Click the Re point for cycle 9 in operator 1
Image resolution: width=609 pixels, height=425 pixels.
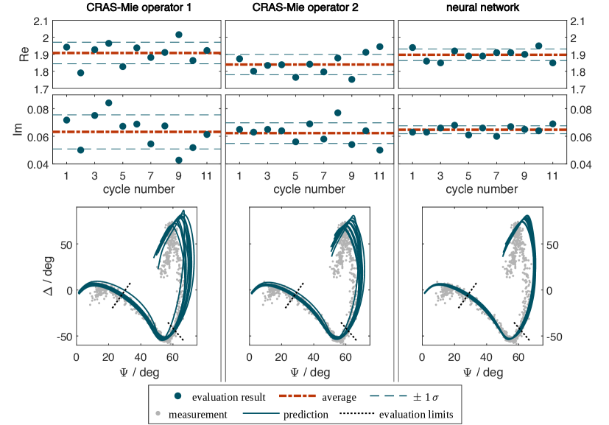179,35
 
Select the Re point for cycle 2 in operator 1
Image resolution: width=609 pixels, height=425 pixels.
80,73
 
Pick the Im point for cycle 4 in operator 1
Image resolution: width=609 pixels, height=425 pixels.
108,103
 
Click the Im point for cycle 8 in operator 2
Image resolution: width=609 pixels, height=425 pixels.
337,113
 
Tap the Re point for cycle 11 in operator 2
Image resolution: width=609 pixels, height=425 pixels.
380,46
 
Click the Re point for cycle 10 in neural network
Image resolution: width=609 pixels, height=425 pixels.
539,46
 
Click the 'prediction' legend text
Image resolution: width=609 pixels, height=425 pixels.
306,415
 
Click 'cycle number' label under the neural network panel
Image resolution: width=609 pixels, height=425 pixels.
480,189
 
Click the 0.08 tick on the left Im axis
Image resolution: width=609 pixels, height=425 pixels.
39,110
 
